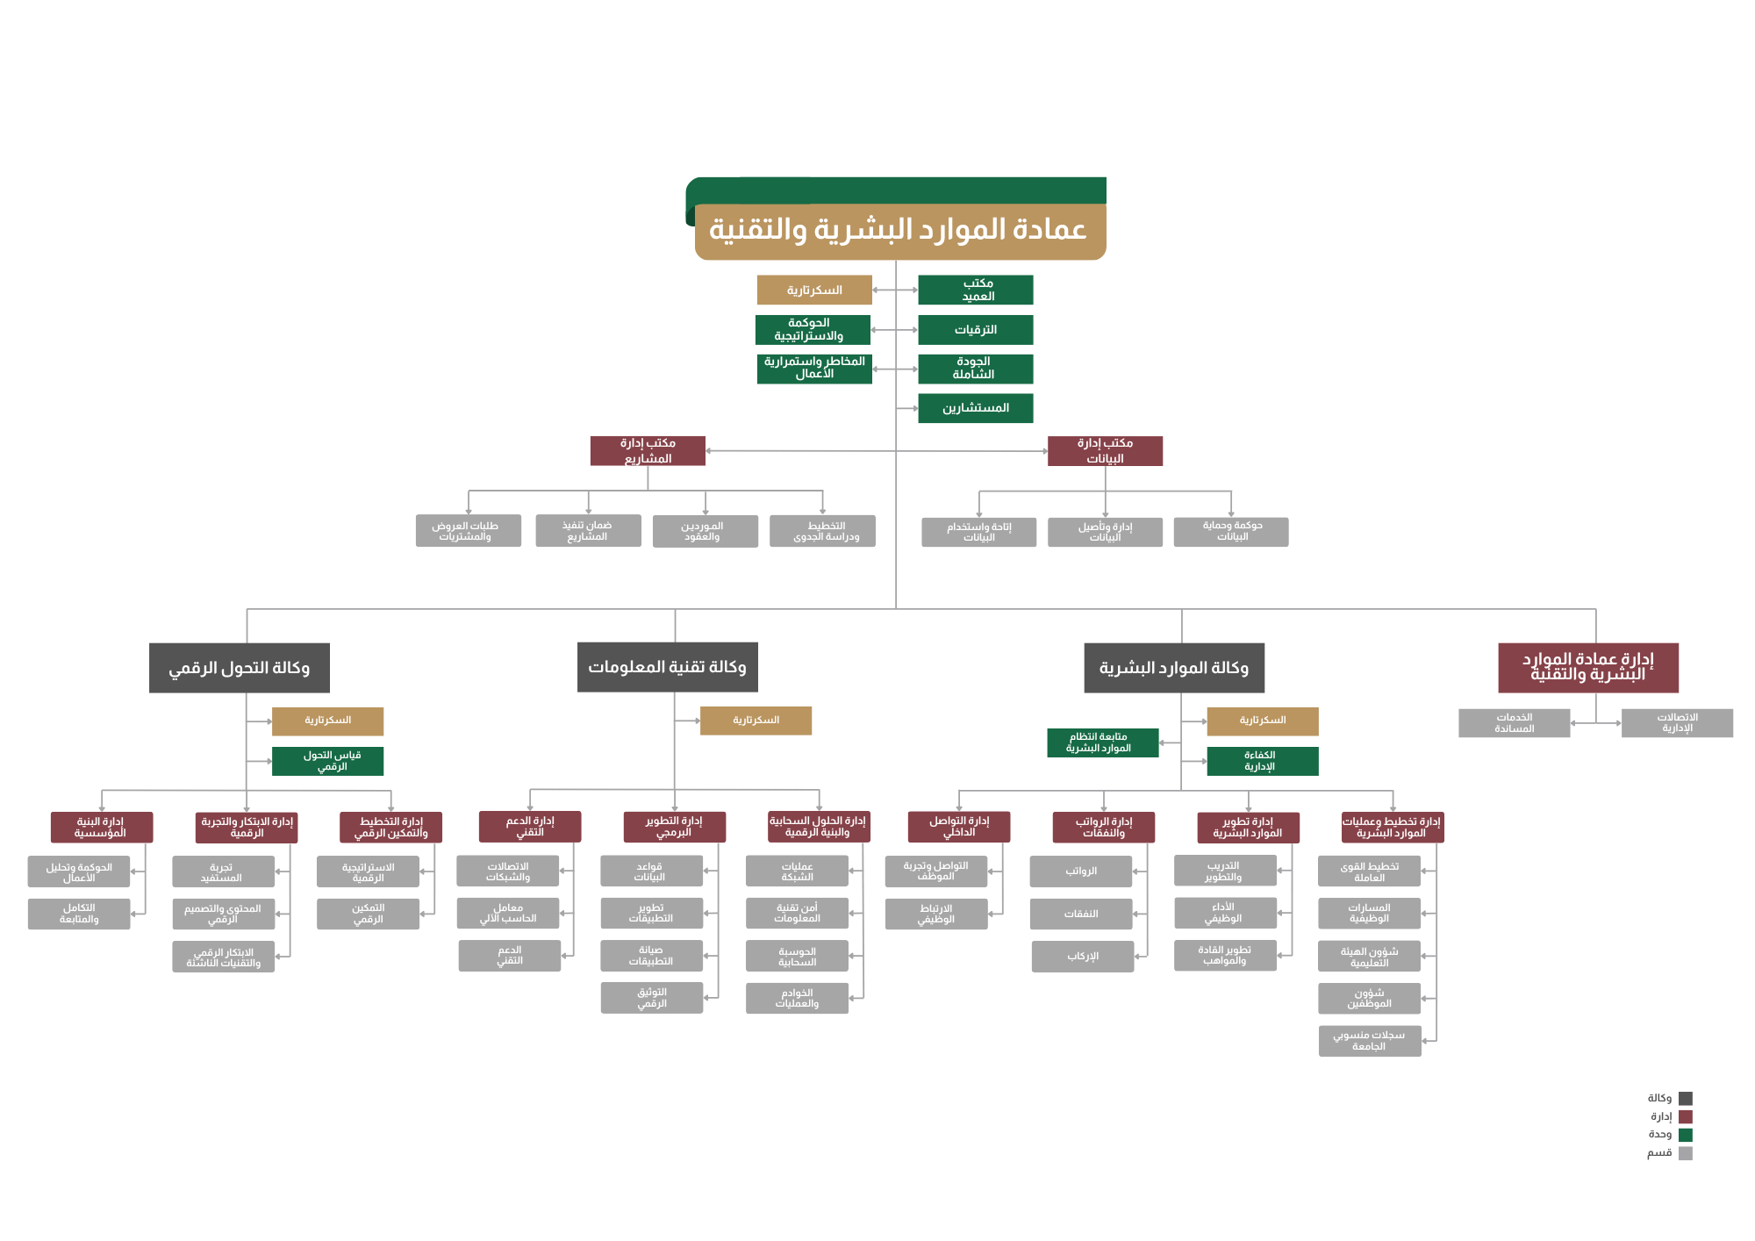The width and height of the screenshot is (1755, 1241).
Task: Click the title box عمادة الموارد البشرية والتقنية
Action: point(899,231)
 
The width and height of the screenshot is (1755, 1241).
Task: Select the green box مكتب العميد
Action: point(976,290)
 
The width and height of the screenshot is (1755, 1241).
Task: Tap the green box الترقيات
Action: point(976,330)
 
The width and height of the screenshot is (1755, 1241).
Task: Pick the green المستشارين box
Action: point(976,408)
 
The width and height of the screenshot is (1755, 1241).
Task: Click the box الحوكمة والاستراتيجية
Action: point(813,330)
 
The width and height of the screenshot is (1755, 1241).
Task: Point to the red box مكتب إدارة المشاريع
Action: point(648,451)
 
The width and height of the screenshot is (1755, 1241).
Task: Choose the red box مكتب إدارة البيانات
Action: point(1105,451)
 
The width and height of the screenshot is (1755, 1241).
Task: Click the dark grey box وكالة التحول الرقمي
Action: point(240,668)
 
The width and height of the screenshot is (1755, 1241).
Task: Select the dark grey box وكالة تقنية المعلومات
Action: point(668,667)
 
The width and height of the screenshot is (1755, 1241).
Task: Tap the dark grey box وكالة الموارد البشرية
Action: point(1174,668)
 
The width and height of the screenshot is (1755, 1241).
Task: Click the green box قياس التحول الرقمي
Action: point(328,761)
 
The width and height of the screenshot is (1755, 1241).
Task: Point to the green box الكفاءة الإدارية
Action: point(1262,761)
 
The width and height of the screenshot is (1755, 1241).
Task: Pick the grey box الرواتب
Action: point(1081,872)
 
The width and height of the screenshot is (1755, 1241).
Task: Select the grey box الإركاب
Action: point(1083,957)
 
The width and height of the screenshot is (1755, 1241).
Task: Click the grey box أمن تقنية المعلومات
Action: point(797,913)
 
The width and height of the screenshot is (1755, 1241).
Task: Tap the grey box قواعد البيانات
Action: point(651,872)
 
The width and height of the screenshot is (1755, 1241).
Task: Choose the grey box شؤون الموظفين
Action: point(1369,998)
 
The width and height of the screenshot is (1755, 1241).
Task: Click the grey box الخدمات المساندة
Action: point(1514,723)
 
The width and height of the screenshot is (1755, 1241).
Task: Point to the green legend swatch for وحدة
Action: point(1686,1135)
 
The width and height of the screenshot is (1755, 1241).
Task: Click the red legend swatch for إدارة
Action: point(1686,1116)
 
